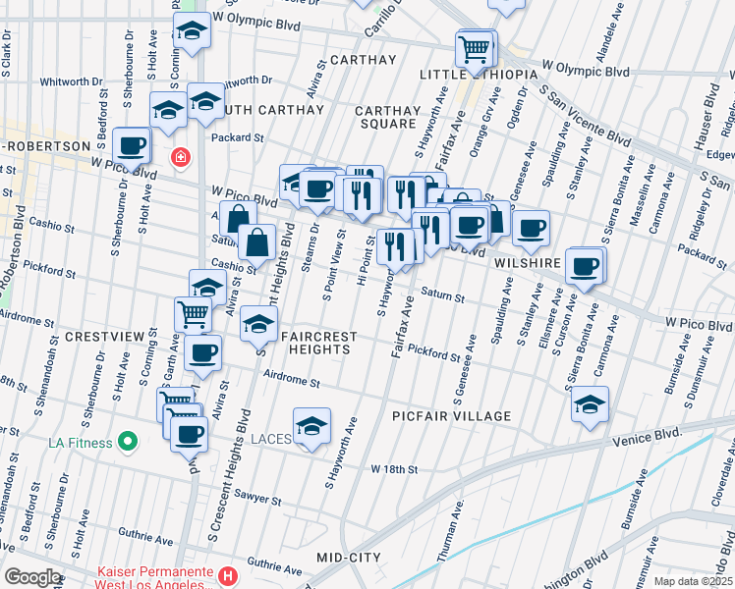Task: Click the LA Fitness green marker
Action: coord(127,442)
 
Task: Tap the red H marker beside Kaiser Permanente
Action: coord(228,575)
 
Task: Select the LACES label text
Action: coord(270,439)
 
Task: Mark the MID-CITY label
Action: coord(348,558)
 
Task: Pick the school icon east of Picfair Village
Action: coord(590,403)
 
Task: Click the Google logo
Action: coord(32,577)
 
